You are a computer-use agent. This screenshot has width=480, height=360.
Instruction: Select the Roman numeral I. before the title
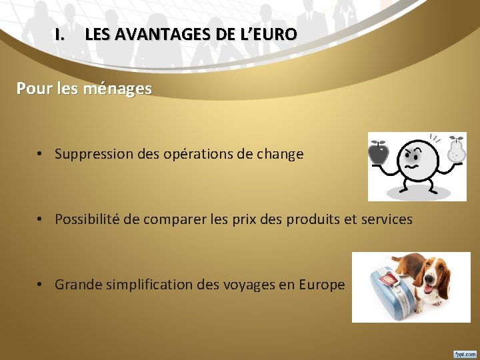(x=61, y=34)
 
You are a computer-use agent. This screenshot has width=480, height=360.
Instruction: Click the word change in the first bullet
(x=280, y=155)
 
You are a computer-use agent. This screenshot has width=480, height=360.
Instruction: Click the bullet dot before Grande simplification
(x=41, y=285)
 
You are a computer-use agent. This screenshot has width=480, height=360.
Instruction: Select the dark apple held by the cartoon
(x=379, y=153)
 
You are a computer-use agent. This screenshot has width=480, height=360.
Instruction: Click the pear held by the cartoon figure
(x=456, y=151)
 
